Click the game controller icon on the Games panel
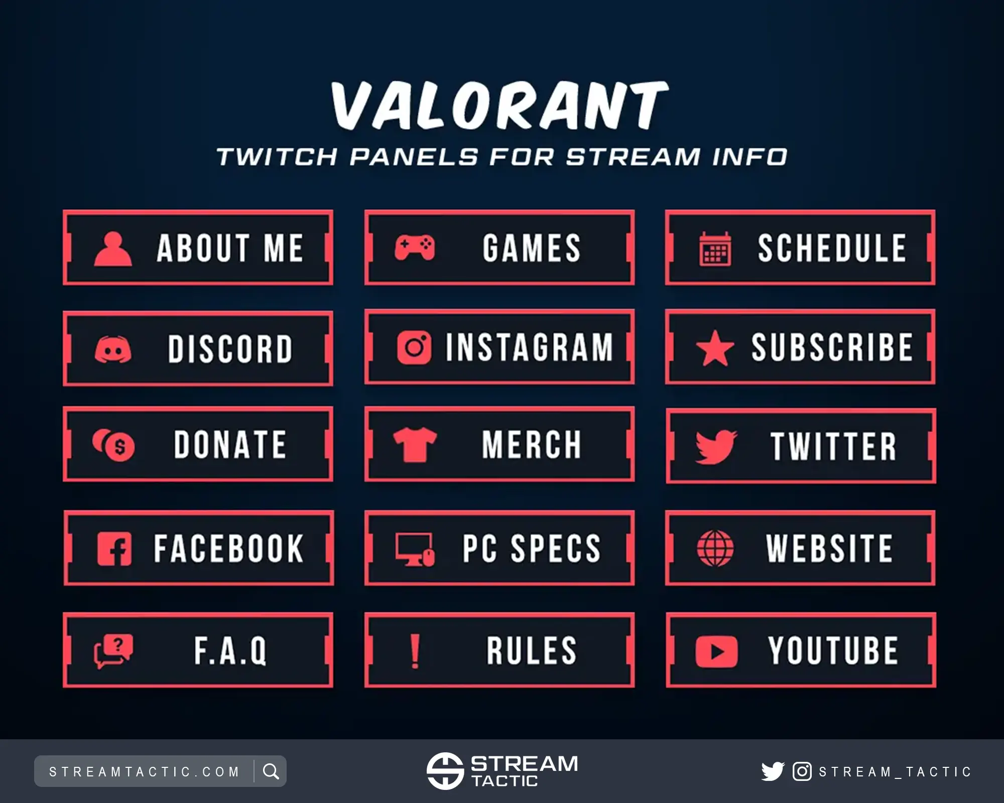[x=415, y=247]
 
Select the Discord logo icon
[x=113, y=349]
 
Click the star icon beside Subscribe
[x=715, y=348]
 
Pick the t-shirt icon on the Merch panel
[x=415, y=445]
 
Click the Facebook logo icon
[x=114, y=549]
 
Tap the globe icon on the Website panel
[x=715, y=548]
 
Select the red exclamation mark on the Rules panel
[x=415, y=651]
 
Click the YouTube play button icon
[x=716, y=651]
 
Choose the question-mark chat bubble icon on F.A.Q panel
[x=114, y=651]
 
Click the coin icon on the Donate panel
[x=113, y=445]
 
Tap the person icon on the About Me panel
[x=113, y=248]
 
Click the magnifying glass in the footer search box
[x=271, y=771]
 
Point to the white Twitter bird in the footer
[x=773, y=771]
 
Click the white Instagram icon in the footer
[x=802, y=771]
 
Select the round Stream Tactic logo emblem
[x=445, y=771]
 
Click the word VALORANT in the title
[x=500, y=106]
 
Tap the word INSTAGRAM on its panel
[x=530, y=347]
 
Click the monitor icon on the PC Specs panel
[x=415, y=549]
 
